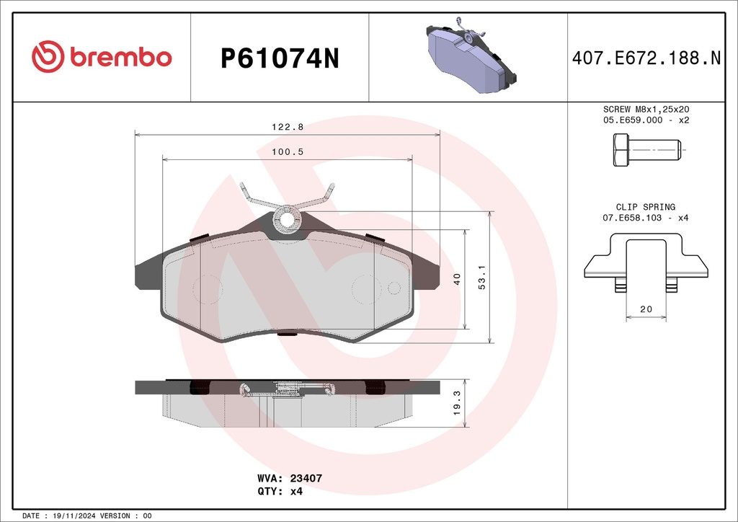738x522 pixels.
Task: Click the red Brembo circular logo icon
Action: coord(48,57)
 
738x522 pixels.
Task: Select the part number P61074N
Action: coord(280,59)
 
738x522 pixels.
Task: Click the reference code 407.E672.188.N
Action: coord(646,58)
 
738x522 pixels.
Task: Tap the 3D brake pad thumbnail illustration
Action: coord(471,55)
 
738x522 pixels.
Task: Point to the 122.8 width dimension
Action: coord(288,127)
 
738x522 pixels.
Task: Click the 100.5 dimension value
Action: coord(288,151)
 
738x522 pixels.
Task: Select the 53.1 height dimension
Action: coord(482,277)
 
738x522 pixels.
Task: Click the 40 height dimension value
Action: coord(457,279)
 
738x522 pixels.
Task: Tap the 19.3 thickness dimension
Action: coord(456,403)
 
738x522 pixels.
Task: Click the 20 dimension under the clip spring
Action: coord(646,309)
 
